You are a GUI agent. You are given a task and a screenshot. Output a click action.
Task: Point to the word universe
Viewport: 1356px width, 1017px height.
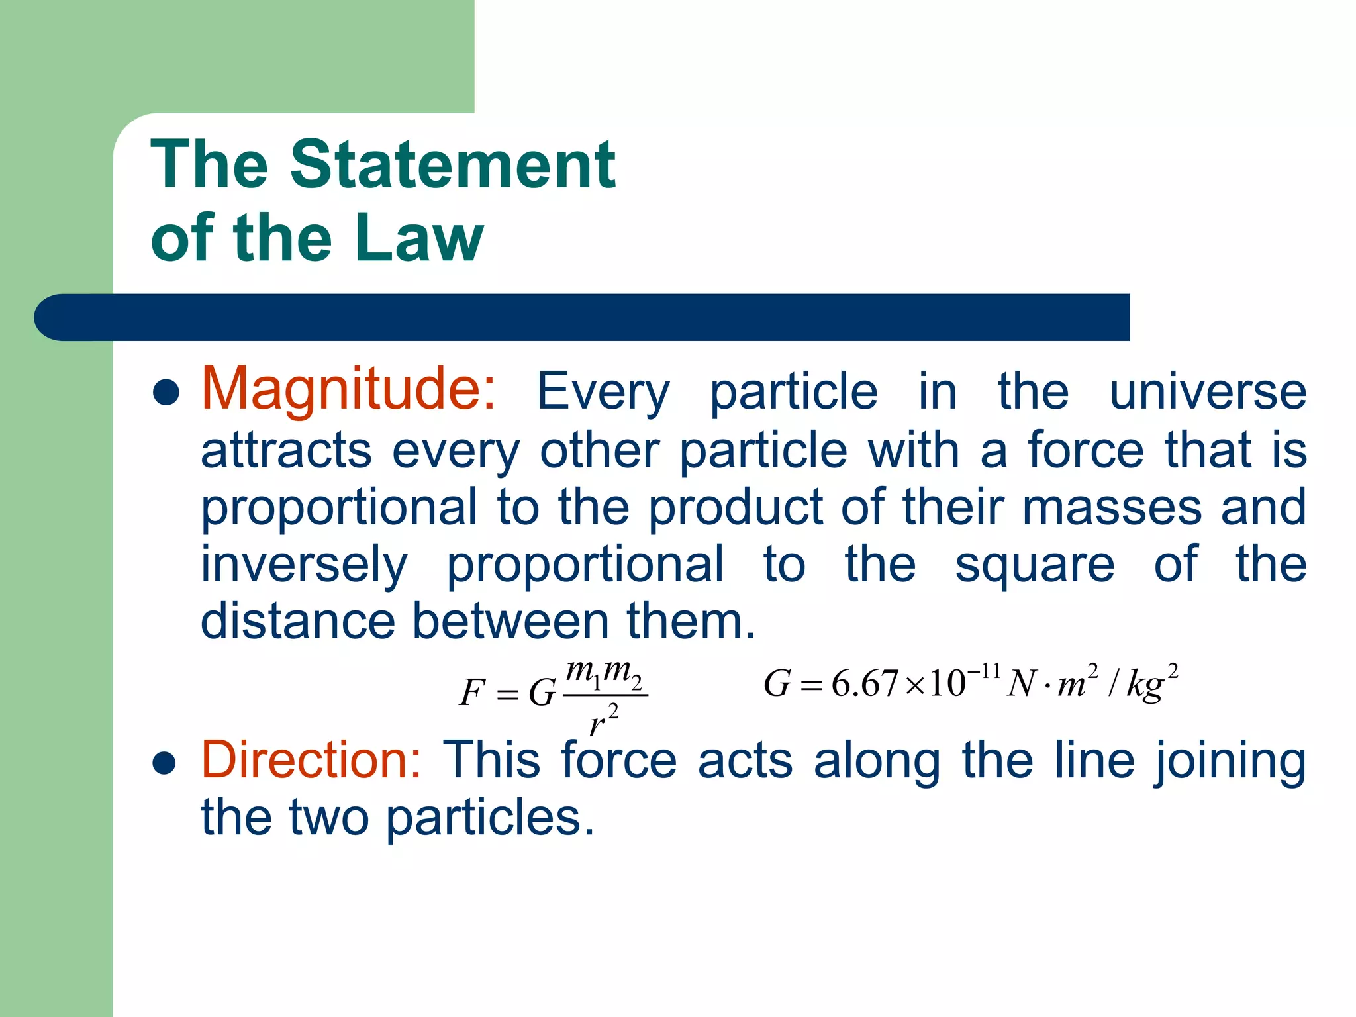(1208, 392)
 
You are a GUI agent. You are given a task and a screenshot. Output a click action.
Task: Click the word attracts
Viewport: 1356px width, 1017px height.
(286, 451)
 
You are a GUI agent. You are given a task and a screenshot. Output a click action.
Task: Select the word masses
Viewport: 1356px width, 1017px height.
(1112, 508)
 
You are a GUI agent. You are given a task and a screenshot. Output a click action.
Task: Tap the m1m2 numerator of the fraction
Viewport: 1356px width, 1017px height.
(604, 674)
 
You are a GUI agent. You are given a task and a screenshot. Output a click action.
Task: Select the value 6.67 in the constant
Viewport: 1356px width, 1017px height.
(865, 683)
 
